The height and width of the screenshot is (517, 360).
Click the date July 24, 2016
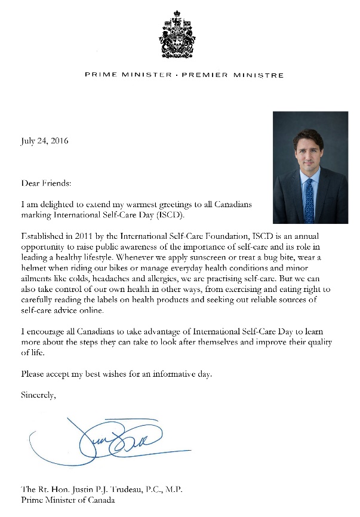45,141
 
